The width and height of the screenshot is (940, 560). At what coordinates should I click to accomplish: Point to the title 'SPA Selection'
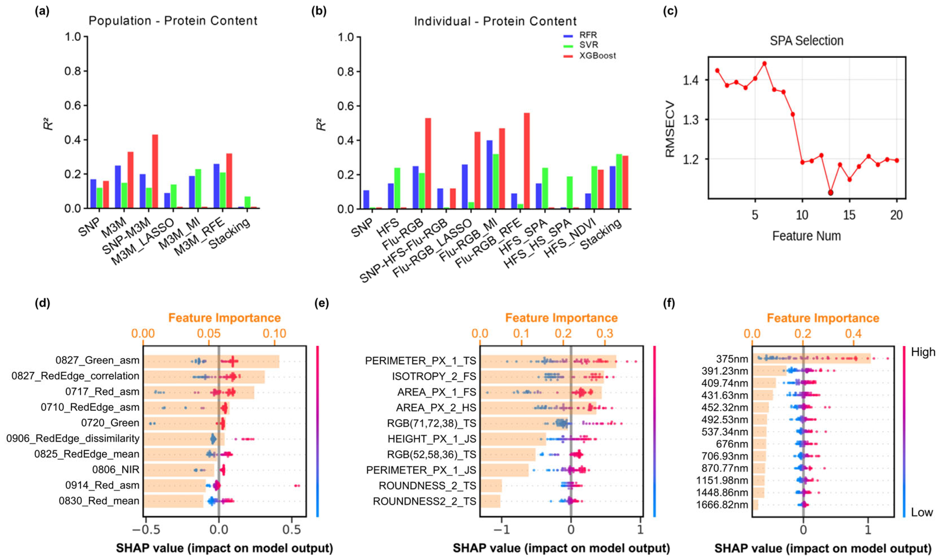coord(806,41)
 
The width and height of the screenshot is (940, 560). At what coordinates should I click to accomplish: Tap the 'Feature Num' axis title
coord(806,236)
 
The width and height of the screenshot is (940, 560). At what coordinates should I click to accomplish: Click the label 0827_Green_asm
coord(97,360)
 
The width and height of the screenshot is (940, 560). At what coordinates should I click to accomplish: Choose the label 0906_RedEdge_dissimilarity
coord(73,439)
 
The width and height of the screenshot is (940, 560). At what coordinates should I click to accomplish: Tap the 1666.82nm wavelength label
coord(722,505)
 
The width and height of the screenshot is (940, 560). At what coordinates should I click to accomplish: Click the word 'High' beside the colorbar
coord(923,352)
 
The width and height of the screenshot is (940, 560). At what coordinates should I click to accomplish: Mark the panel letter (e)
coord(322,303)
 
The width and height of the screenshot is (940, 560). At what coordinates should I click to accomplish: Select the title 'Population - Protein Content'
coord(173,21)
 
